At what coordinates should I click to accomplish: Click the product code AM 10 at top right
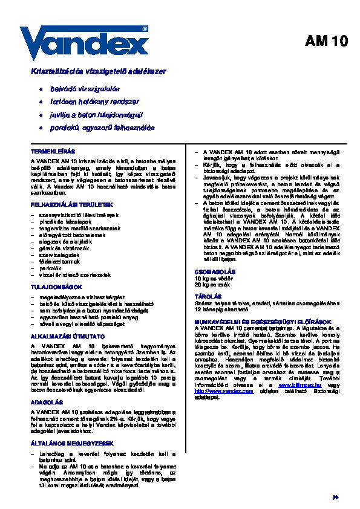click(x=326, y=42)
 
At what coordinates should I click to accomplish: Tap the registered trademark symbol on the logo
click(x=145, y=28)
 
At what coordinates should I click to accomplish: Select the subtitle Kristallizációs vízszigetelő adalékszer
click(x=98, y=71)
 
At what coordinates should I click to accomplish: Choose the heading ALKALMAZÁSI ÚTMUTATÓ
click(x=67, y=335)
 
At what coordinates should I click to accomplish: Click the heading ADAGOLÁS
click(x=47, y=401)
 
